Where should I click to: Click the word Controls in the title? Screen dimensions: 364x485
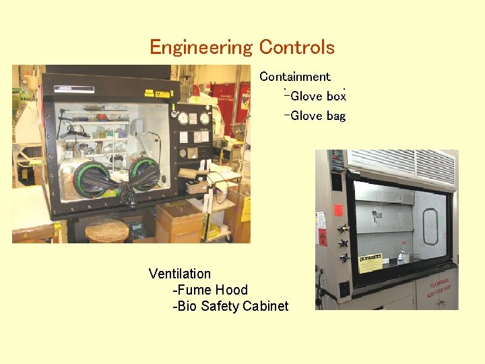coord(296,47)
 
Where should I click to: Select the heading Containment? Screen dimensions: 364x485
coord(295,77)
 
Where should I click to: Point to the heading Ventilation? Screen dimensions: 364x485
coord(180,274)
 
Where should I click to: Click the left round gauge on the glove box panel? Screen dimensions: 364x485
coord(183,119)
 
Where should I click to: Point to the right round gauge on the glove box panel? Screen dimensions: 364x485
coord(204,119)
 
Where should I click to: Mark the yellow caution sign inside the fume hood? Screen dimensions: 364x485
coord(370,262)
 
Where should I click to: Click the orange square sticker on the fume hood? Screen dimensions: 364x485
coord(338,210)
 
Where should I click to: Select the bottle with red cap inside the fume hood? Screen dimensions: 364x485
coord(402,254)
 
